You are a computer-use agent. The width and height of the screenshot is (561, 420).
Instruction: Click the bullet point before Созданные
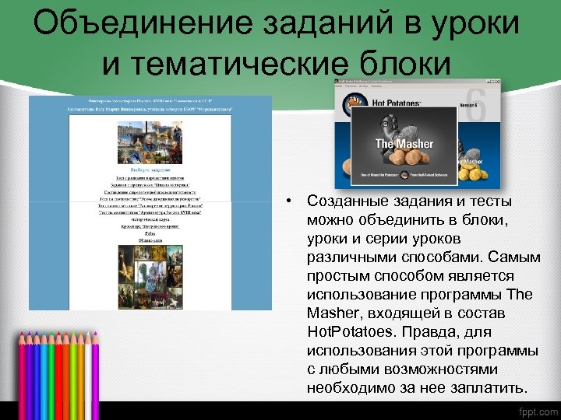click(x=288, y=201)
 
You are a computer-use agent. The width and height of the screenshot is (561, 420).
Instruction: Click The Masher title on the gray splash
click(x=404, y=144)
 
